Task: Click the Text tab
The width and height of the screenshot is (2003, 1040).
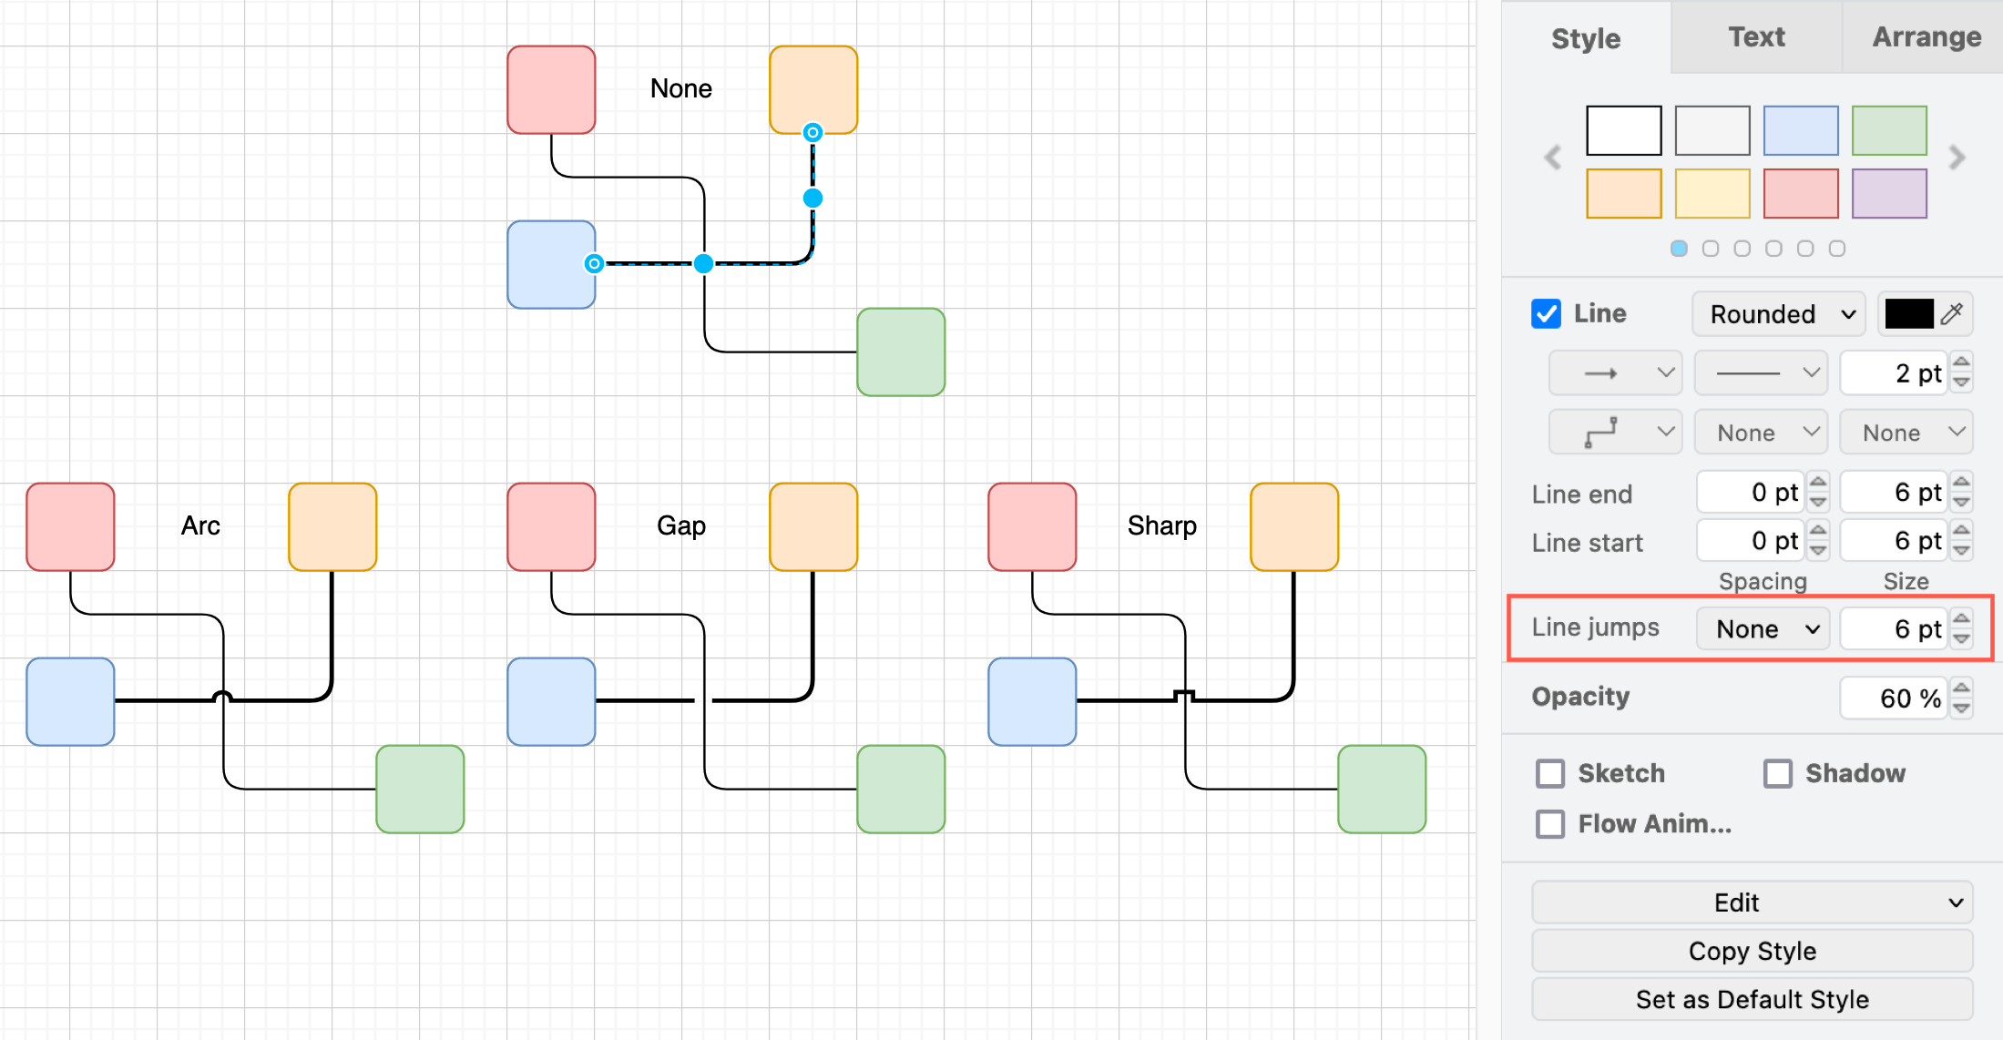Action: click(1756, 37)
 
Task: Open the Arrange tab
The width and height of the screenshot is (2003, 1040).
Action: click(1926, 37)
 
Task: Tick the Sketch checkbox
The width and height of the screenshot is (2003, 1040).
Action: click(1550, 773)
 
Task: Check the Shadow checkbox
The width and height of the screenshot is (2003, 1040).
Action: click(1777, 773)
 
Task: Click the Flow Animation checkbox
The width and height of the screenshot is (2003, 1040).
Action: click(1550, 824)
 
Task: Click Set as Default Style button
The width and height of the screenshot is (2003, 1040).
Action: click(1752, 999)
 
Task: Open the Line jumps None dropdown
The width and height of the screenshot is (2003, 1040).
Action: click(1763, 628)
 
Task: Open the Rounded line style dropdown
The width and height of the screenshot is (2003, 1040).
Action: click(1779, 314)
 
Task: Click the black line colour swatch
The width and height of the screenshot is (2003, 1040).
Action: click(1908, 314)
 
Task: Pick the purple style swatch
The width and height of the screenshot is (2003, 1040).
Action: click(1889, 193)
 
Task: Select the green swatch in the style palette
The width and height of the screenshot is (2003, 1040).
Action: click(1889, 130)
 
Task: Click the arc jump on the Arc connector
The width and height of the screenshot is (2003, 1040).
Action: click(222, 697)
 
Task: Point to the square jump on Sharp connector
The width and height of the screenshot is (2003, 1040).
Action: click(1184, 696)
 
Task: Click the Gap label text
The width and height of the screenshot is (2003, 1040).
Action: click(681, 525)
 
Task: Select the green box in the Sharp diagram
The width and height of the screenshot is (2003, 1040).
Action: click(1381, 789)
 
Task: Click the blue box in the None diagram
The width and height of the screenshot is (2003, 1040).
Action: click(551, 264)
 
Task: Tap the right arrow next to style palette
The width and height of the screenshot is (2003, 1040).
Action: click(1957, 158)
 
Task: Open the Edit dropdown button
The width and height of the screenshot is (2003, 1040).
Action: click(1752, 902)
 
